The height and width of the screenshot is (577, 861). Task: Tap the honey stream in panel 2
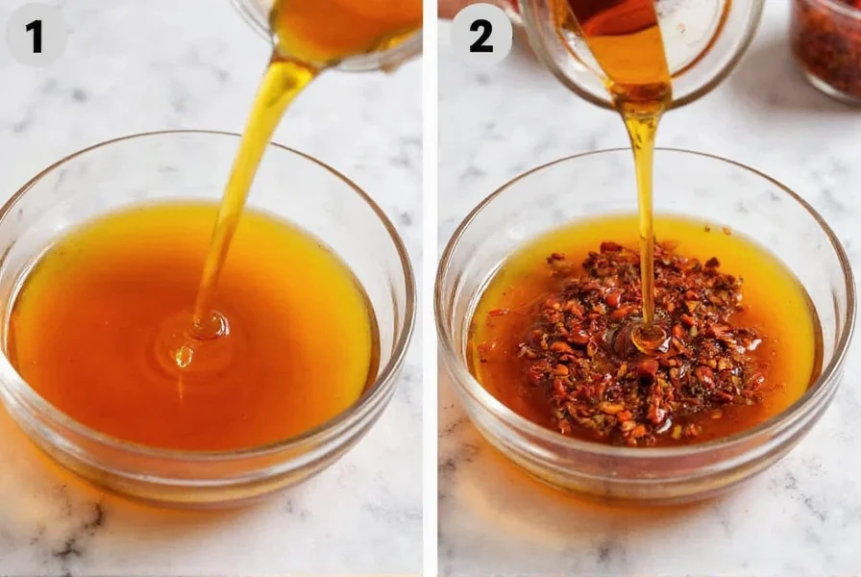click(642, 192)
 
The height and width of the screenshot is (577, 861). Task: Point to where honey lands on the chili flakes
click(646, 337)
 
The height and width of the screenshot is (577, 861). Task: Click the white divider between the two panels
click(430, 288)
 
